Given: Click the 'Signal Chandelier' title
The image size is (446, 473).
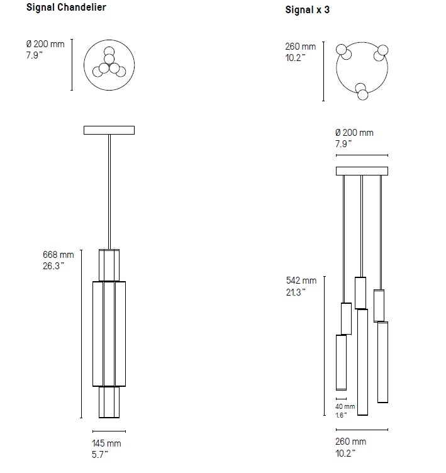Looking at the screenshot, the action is coord(66,8).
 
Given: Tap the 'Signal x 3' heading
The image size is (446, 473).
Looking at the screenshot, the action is coord(307,9).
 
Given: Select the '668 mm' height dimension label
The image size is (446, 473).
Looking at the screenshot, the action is coord(59,255).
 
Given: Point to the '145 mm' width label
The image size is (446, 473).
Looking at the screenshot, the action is coord(106,443).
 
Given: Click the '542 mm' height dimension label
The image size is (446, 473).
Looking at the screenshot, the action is coord(301,281).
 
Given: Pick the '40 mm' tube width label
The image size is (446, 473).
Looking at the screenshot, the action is coord(345,406).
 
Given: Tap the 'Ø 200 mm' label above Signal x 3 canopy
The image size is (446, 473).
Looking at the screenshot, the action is coord(354,133).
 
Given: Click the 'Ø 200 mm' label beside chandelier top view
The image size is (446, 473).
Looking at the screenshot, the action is coord(45,44).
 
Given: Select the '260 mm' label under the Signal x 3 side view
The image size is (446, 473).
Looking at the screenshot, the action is coord(350,442).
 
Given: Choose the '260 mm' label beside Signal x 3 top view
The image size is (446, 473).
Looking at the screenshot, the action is coord(301,47).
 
